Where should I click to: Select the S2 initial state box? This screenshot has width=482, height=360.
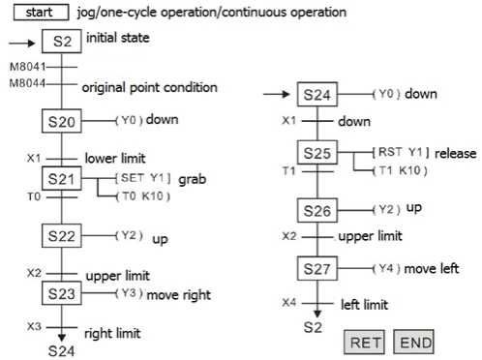pyautogui.click(x=61, y=43)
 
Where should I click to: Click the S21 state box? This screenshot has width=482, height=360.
pyautogui.click(x=61, y=179)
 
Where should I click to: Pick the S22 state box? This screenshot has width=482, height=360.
pyautogui.click(x=61, y=235)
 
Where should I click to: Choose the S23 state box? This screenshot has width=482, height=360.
pyautogui.click(x=61, y=291)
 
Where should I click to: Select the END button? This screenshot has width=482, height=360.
pyautogui.click(x=413, y=342)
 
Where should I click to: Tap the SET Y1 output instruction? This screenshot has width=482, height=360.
pyautogui.click(x=142, y=179)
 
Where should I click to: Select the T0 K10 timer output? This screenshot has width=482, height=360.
pyautogui.click(x=143, y=196)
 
